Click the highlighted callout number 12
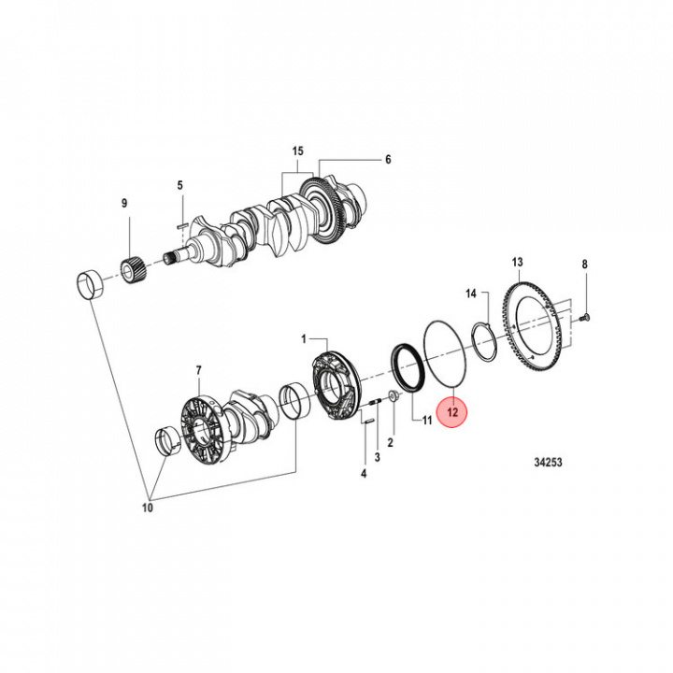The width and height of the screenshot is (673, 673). (x=452, y=410)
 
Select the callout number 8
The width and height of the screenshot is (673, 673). (x=585, y=265)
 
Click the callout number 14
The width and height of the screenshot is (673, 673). (x=472, y=294)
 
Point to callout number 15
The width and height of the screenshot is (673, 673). (x=298, y=150)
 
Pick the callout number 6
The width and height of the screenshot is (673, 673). (x=388, y=159)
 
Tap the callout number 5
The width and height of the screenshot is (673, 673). (x=181, y=185)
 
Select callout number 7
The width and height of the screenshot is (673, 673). (x=197, y=372)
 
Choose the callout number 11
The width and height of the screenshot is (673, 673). (x=426, y=421)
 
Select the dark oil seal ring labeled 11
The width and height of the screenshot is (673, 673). (x=408, y=367)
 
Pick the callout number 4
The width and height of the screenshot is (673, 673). (x=364, y=474)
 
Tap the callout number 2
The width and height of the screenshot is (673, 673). (x=391, y=439)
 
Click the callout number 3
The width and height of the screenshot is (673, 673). (x=377, y=457)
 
